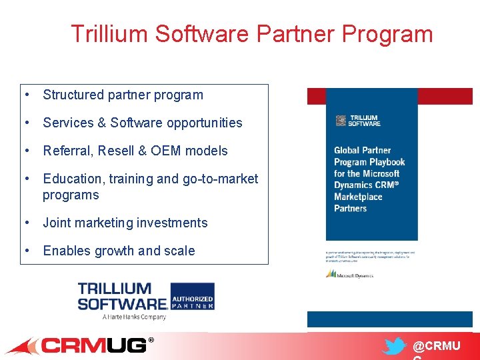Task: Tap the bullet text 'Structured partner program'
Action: (x=123, y=95)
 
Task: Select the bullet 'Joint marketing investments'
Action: (x=125, y=223)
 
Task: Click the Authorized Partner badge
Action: (x=192, y=302)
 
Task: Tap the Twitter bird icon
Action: (x=395, y=347)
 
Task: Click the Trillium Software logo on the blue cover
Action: (x=358, y=121)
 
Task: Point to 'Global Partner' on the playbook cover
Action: (x=362, y=150)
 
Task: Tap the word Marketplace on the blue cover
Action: (x=358, y=197)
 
